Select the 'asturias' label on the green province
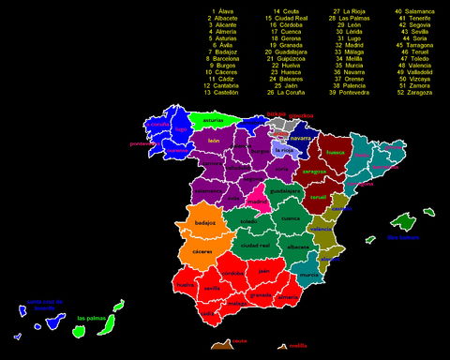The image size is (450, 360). click(214, 121)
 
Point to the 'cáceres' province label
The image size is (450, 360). click(202, 251)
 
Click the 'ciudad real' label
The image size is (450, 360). click(255, 245)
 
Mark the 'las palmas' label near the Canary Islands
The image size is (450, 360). click(91, 318)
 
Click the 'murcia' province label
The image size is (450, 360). click(308, 275)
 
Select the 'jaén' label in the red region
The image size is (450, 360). click(263, 271)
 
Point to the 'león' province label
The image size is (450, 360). click(214, 141)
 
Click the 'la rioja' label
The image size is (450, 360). click(285, 150)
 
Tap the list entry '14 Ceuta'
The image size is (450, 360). click(281, 11)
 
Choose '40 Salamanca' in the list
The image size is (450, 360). click(413, 11)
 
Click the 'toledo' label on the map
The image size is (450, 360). click(247, 222)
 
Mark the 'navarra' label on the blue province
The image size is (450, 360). click(300, 138)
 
